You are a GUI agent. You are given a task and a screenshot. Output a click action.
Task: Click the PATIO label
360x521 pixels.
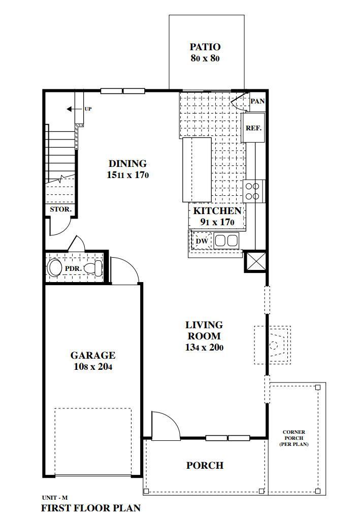[206, 47]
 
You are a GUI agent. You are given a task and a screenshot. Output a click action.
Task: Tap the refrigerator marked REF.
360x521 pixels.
[253, 128]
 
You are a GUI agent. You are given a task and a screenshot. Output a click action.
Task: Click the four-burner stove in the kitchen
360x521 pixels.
[253, 191]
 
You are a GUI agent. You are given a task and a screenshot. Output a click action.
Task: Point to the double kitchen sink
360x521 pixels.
[226, 240]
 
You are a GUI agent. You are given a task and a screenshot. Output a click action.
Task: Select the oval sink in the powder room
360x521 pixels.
[54, 267]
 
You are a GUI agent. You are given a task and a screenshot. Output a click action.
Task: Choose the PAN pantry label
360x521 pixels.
[257, 101]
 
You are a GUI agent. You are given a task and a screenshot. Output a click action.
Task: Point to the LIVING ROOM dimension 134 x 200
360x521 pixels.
[204, 348]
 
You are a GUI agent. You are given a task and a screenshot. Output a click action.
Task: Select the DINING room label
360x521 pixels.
[127, 163]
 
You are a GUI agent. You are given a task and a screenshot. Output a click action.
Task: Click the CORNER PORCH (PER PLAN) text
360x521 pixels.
[294, 438]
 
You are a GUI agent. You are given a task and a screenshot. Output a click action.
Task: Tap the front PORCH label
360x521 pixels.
[205, 465]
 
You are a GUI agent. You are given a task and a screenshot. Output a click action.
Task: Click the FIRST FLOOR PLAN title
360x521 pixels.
[90, 508]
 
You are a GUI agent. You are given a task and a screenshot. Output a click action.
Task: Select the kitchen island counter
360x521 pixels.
[197, 169]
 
